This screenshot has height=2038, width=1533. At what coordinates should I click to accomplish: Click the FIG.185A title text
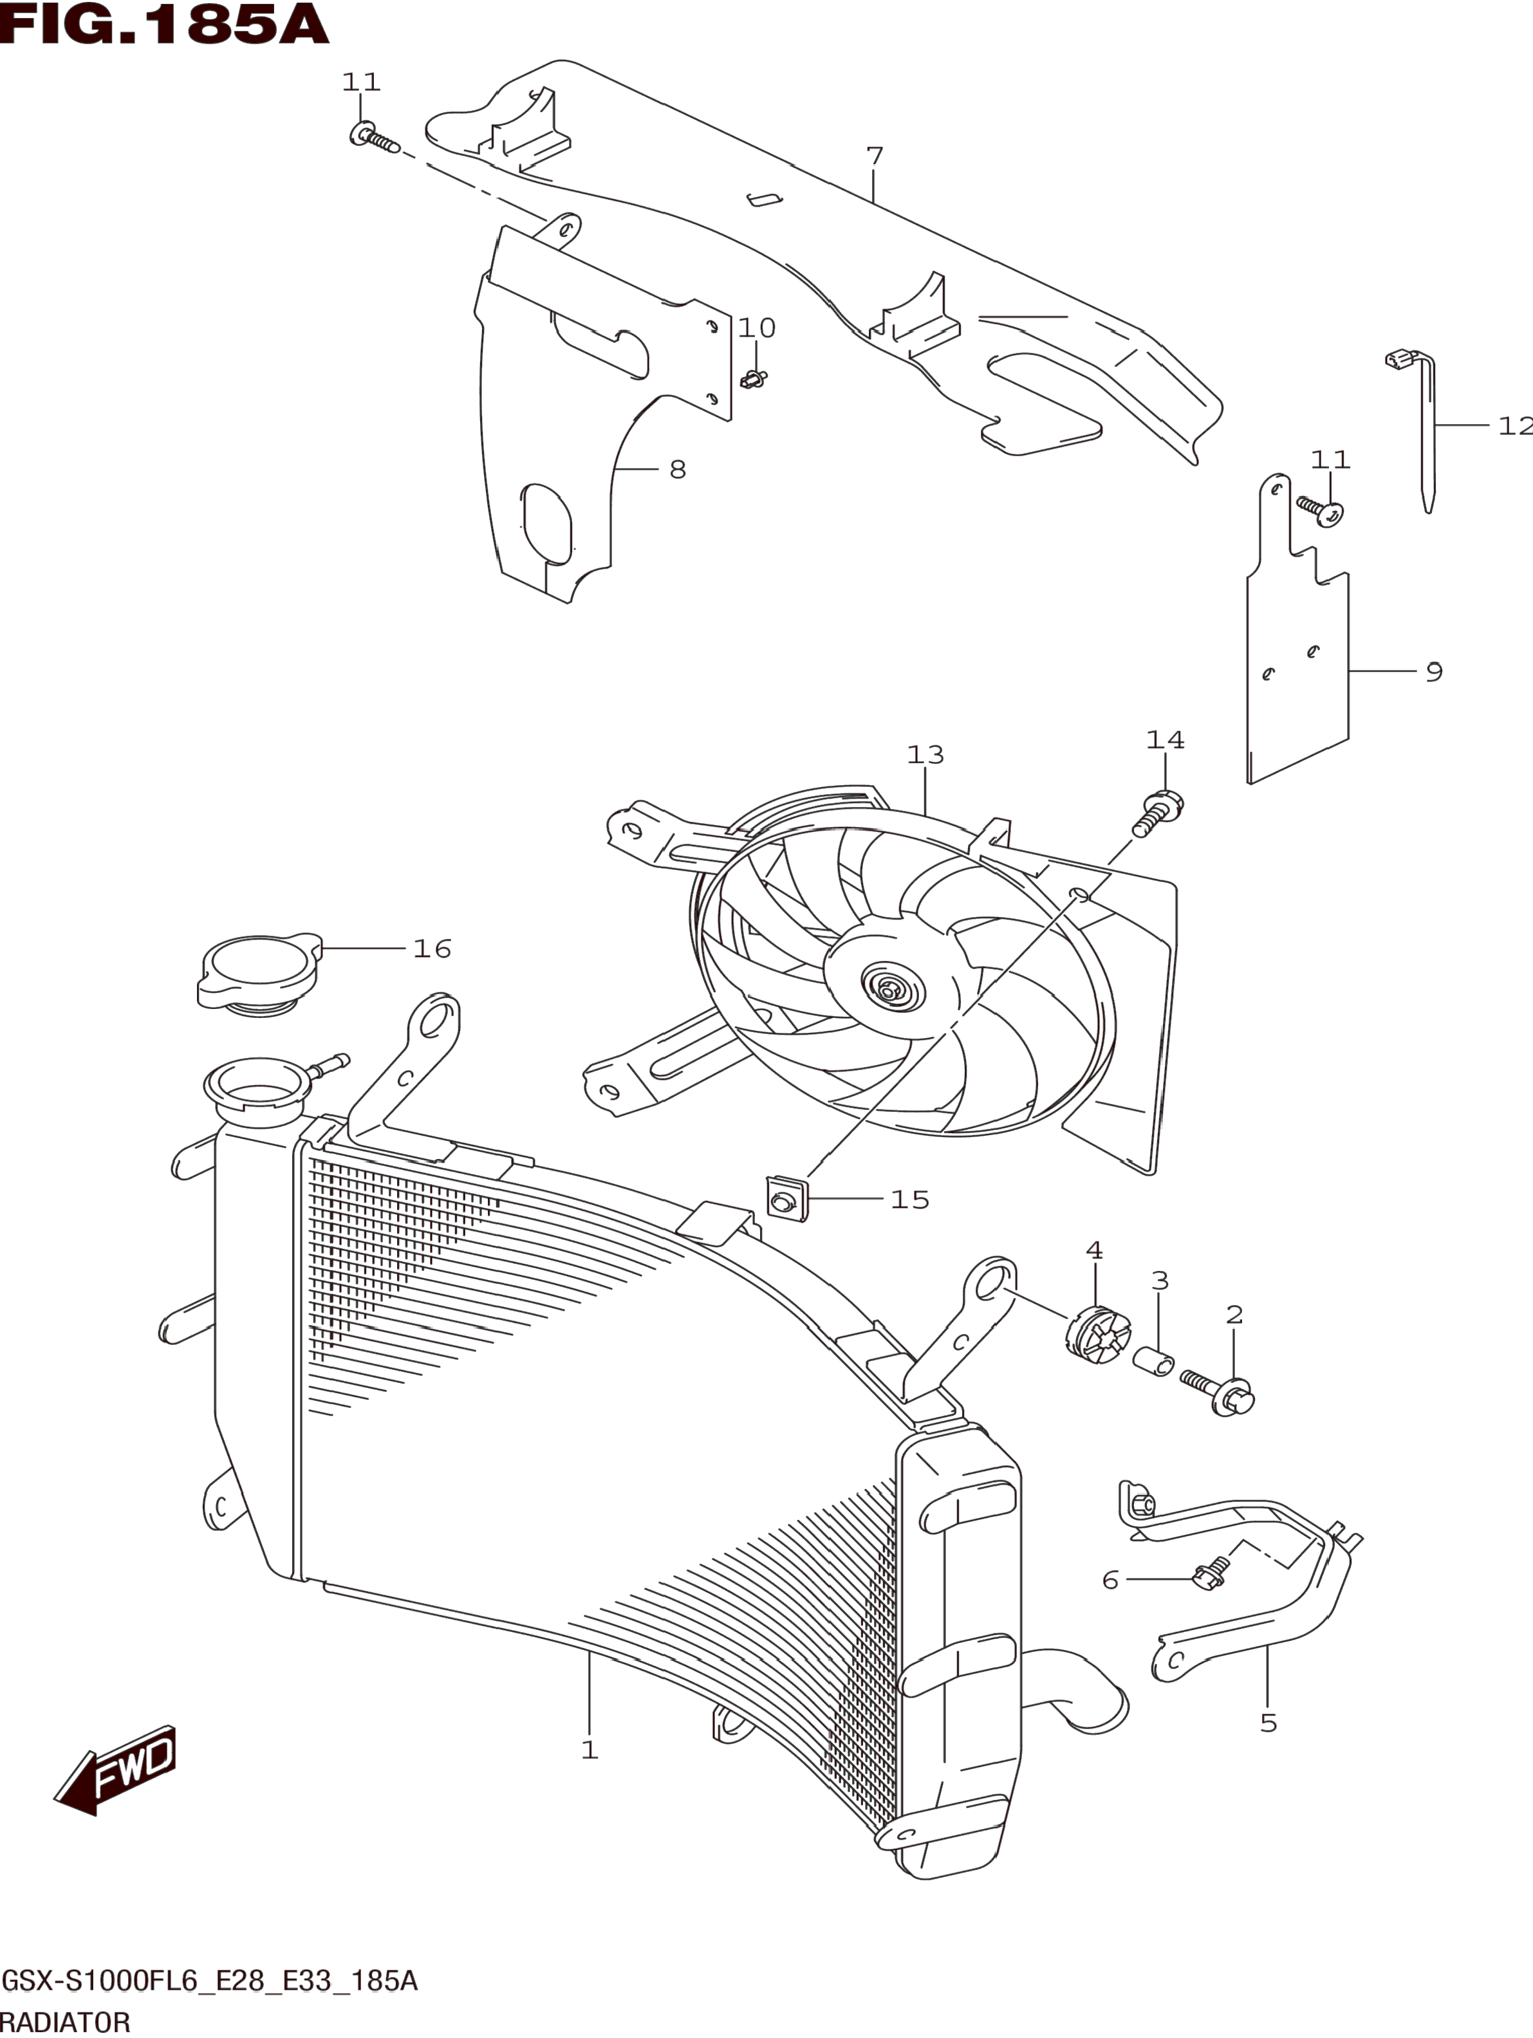point(164,25)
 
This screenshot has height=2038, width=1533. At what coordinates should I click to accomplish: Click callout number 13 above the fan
point(925,755)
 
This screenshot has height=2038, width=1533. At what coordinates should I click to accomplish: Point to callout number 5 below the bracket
point(1268,1723)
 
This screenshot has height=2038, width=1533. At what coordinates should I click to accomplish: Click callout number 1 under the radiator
point(590,1750)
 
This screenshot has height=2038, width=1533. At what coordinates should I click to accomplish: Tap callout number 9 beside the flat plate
point(1433,672)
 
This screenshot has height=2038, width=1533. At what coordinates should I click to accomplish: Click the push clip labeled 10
point(754,378)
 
